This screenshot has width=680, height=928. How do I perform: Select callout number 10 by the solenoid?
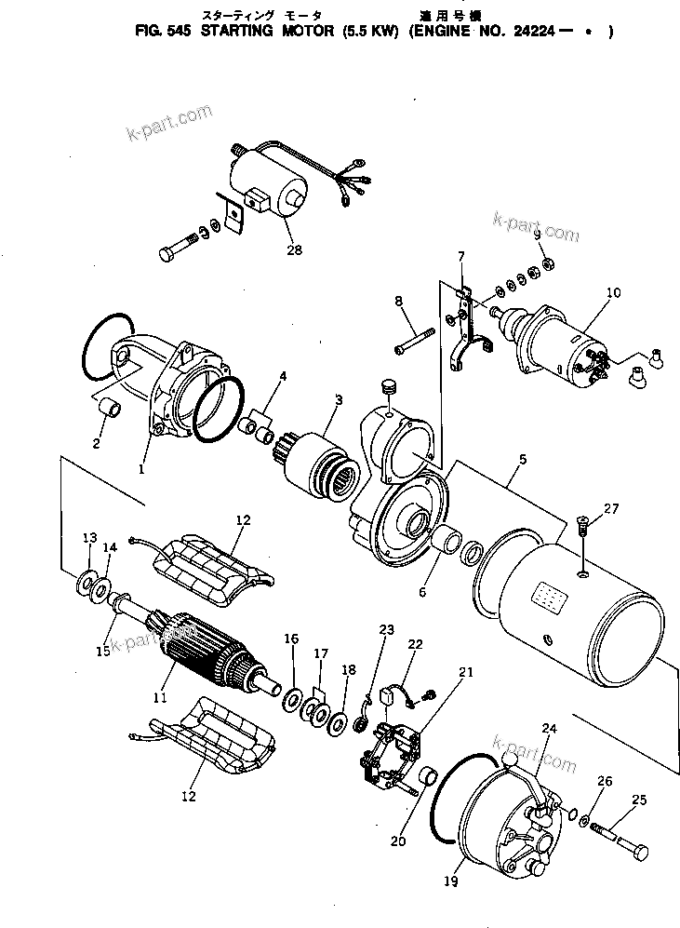click(613, 292)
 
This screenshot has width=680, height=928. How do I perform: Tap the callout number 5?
click(523, 459)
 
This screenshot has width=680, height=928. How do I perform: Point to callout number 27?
click(610, 508)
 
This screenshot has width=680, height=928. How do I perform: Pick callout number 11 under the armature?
click(159, 696)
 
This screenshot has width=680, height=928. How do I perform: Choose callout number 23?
click(387, 630)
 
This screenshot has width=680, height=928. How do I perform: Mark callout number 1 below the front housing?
click(142, 469)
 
